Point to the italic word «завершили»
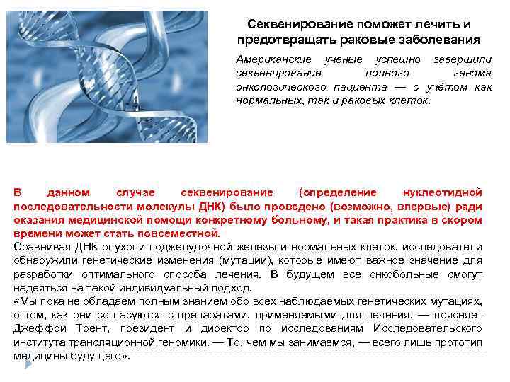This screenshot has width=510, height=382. pos(461,61)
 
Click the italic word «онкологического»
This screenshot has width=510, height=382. pos(281,87)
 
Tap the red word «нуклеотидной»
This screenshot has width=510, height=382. pos(443,192)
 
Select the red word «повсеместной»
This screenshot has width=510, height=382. pos(183,233)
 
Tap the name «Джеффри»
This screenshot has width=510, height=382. pos(38,328)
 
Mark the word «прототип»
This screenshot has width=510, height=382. pos(458,342)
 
